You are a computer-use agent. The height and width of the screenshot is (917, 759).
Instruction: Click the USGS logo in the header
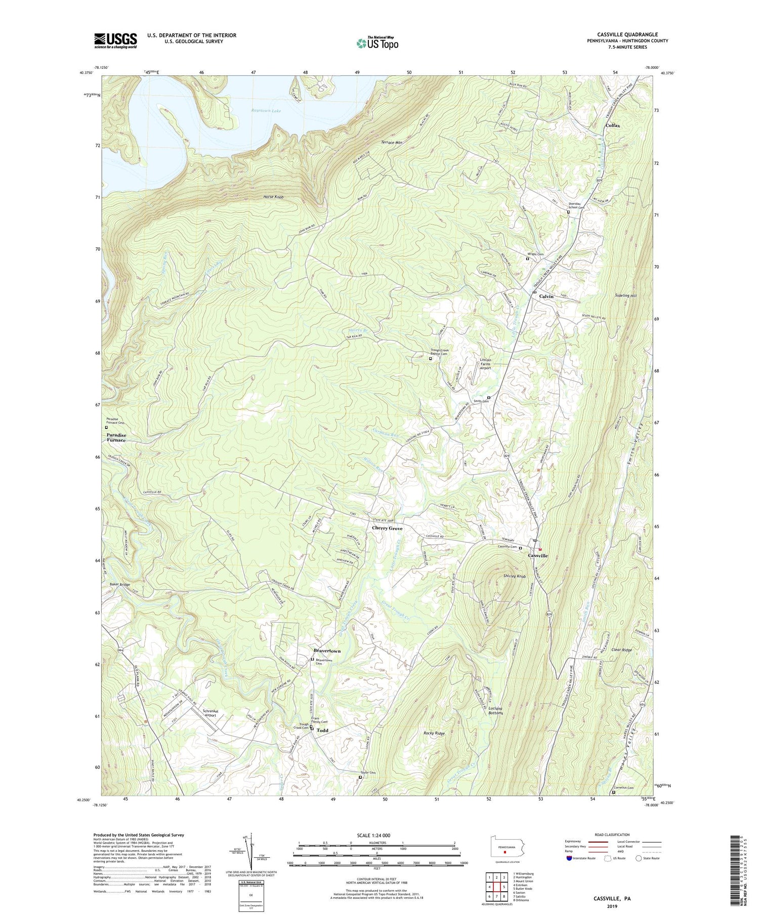click(x=115, y=40)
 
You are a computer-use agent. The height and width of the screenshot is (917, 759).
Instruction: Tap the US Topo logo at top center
click(x=377, y=43)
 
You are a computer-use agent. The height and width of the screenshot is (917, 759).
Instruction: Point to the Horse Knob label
click(x=273, y=196)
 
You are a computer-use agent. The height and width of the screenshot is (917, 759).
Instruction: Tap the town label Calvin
click(x=546, y=296)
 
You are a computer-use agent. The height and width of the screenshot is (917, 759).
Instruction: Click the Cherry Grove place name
click(x=387, y=528)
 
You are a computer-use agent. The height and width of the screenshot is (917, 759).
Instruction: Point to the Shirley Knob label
click(x=515, y=576)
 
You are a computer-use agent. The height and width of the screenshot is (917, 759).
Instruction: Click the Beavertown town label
click(x=327, y=651)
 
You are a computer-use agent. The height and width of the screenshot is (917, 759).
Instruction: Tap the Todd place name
click(x=322, y=730)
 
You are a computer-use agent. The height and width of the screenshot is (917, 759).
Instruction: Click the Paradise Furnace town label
click(x=116, y=438)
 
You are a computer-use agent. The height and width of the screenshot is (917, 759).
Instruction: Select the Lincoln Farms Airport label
click(x=485, y=364)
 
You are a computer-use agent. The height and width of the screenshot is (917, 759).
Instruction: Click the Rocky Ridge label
click(x=434, y=733)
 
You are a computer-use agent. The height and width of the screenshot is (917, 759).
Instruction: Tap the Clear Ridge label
click(x=622, y=649)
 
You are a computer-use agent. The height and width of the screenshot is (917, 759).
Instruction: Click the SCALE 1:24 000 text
click(x=376, y=835)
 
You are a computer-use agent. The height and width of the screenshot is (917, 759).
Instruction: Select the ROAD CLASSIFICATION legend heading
click(x=612, y=835)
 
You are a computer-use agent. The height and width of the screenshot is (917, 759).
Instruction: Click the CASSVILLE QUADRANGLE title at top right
click(x=627, y=34)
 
